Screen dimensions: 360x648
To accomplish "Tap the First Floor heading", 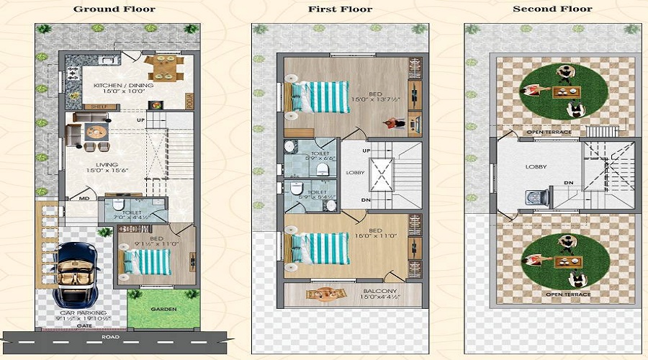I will (x=340, y=9).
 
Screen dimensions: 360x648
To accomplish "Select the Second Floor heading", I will (x=552, y=9).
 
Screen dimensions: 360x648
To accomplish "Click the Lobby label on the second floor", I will (x=536, y=166).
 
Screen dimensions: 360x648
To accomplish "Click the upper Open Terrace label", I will (x=549, y=132).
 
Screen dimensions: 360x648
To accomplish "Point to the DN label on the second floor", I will (x=568, y=183).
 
